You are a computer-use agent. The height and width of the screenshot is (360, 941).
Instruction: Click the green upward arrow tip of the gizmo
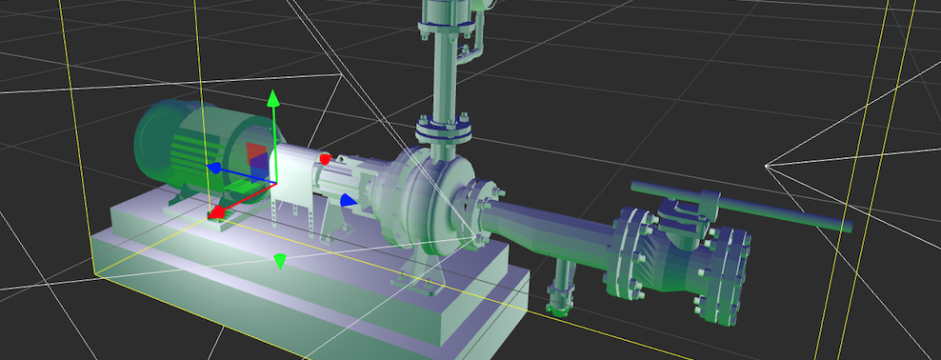click(273, 97)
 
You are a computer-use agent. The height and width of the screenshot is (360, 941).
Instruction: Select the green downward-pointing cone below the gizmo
click(280, 260)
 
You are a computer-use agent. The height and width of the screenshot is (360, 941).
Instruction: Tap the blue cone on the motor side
click(215, 169)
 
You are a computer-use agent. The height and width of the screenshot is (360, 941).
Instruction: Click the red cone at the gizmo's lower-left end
click(217, 211)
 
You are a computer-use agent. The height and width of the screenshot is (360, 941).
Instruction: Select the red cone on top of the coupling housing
click(326, 158)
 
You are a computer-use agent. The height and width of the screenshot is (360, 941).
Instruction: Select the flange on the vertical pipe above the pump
click(443, 127)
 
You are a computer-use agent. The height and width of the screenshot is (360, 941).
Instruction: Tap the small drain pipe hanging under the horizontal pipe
click(560, 290)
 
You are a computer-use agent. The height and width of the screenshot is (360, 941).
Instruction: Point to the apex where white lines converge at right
click(767, 166)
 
